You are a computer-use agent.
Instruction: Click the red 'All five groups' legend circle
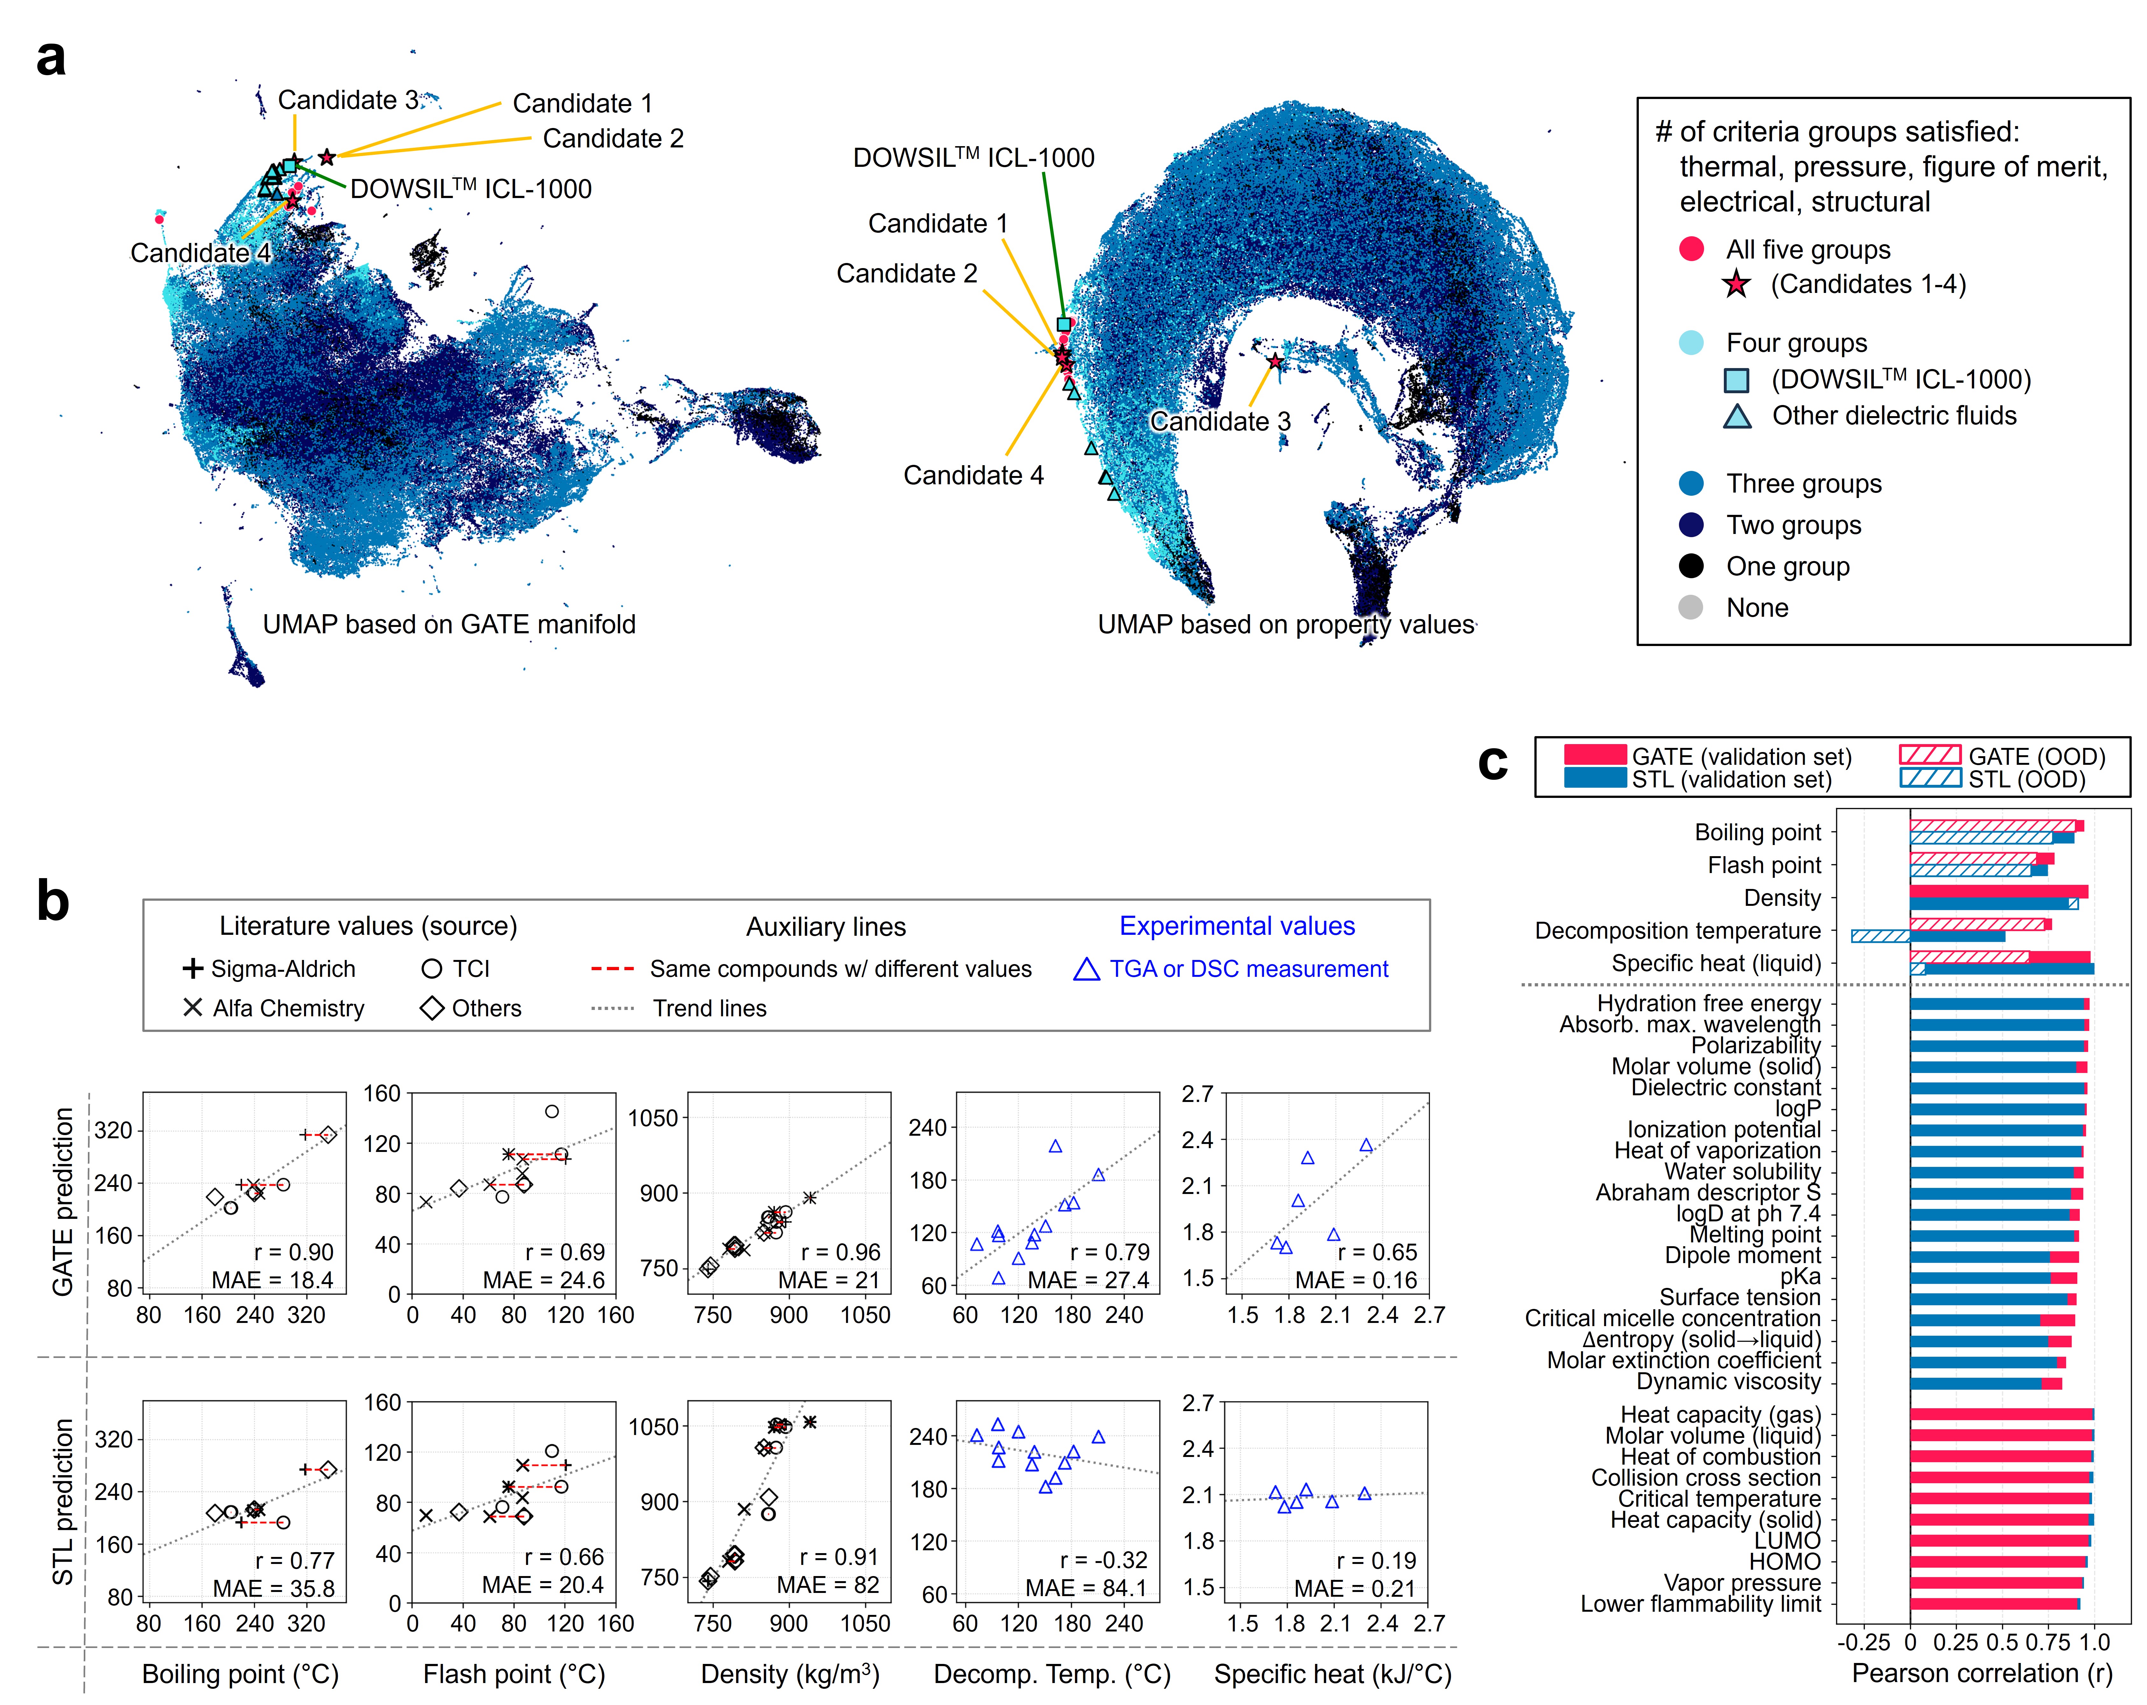click(x=1691, y=249)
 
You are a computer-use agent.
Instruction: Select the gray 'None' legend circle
click(x=1691, y=607)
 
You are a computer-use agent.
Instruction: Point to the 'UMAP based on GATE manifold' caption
click(x=449, y=624)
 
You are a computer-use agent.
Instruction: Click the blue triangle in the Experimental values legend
click(x=1086, y=969)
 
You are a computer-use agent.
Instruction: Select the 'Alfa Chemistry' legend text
click(x=288, y=1008)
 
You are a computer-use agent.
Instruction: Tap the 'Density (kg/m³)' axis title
click(x=790, y=1674)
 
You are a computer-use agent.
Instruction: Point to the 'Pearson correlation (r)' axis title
click(x=1982, y=1673)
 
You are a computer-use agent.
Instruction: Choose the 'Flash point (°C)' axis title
click(x=514, y=1674)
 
